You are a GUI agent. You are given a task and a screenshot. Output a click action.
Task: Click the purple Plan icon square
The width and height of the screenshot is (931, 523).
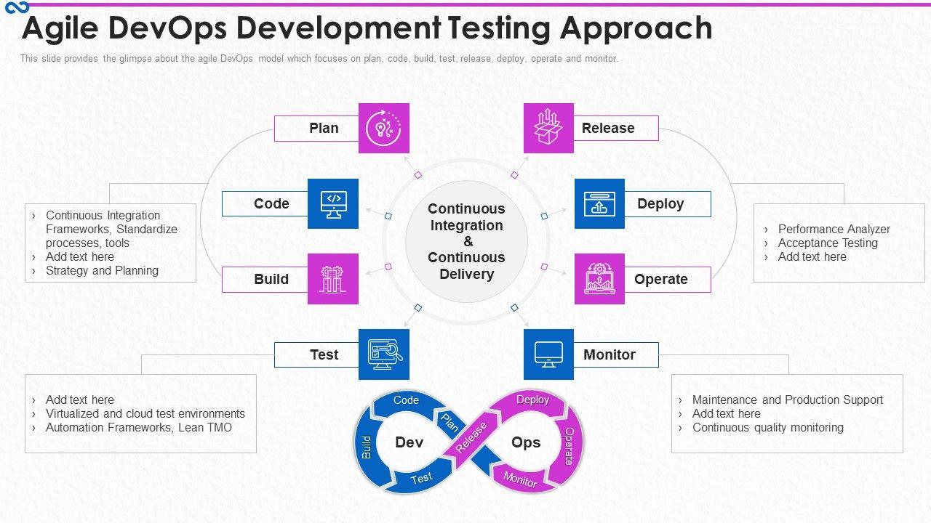coord(384,128)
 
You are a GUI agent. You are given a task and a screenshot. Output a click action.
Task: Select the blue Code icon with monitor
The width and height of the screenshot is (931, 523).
coord(333,203)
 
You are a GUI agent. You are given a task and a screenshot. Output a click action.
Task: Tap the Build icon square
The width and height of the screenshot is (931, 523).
coord(333,279)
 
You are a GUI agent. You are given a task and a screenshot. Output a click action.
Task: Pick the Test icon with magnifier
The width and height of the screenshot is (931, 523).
coord(384,354)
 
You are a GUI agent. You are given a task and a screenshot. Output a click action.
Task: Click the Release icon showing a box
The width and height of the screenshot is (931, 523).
coord(548,128)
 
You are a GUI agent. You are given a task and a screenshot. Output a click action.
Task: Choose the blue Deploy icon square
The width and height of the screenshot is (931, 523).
coord(599,203)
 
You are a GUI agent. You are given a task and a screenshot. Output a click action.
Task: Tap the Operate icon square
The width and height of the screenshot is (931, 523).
coord(599,279)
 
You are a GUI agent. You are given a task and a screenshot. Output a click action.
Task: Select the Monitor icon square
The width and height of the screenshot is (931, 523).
coord(548,354)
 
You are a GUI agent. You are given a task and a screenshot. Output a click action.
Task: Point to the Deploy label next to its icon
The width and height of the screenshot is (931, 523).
coord(660,204)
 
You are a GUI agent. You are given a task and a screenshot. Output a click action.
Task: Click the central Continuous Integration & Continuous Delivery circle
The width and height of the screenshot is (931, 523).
coord(466,241)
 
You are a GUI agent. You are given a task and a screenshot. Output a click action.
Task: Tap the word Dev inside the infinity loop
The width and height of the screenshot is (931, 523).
coord(409,442)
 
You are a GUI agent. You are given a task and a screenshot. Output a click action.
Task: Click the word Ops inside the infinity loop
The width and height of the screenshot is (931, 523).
coord(526,442)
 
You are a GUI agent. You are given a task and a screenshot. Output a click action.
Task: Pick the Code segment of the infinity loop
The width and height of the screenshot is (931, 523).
coord(406,400)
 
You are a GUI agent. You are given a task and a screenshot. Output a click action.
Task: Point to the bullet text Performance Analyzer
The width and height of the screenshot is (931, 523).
coord(834,229)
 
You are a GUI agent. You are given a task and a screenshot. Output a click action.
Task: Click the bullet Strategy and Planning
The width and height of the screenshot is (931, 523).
coord(102,270)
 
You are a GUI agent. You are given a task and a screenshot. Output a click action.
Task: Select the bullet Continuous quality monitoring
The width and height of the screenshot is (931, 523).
coord(767,427)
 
